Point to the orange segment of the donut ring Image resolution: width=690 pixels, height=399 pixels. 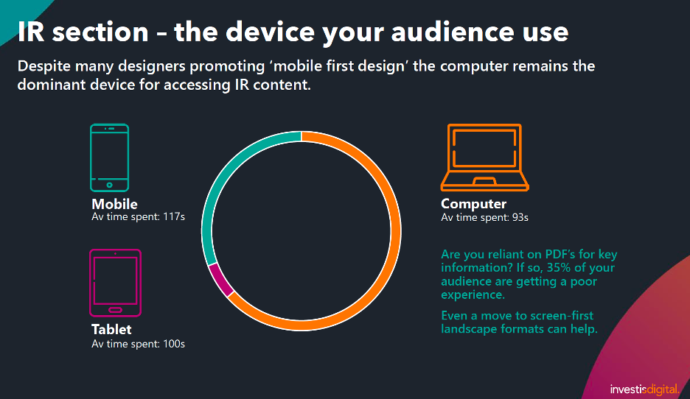[x=395, y=230]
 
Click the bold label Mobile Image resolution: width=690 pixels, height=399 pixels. [x=114, y=204]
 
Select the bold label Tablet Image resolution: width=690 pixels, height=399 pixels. [x=111, y=330]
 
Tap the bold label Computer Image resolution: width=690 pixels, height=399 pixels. [x=473, y=204]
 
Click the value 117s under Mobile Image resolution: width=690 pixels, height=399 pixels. [x=174, y=216]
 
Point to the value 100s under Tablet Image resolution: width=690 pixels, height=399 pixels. [x=174, y=344]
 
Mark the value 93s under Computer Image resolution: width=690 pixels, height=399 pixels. [x=520, y=217]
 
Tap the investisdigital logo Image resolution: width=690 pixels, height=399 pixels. [x=645, y=389]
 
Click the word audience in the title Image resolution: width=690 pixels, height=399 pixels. [x=453, y=32]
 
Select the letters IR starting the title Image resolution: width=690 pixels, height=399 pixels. [x=31, y=32]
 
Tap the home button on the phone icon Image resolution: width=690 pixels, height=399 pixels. [x=110, y=185]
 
